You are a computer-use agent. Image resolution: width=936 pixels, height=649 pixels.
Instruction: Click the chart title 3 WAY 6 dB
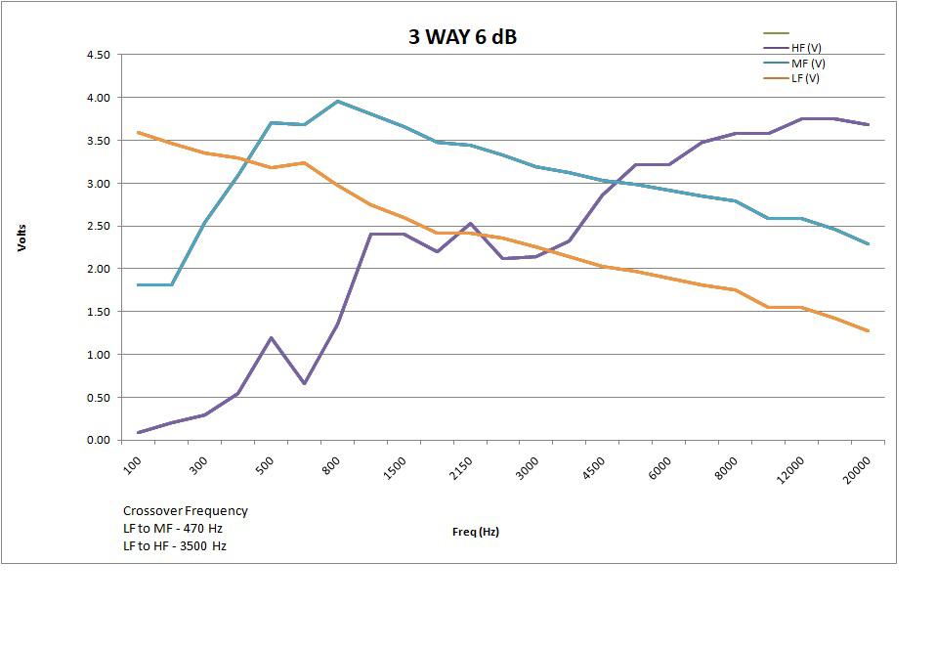462,37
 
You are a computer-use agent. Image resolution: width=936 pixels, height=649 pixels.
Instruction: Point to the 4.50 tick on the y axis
98,55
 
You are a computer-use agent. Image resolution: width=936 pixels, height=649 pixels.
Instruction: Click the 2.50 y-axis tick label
98,226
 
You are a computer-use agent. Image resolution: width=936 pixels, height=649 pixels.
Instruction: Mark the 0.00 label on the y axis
98,440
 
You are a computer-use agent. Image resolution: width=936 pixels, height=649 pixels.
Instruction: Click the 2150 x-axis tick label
460,464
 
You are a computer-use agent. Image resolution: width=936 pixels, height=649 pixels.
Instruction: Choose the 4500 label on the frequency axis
593,464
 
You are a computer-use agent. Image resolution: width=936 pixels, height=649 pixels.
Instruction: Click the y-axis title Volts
21,238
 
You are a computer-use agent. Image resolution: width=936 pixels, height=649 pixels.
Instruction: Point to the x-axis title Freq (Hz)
476,532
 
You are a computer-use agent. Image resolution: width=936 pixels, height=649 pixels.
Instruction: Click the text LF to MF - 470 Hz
173,528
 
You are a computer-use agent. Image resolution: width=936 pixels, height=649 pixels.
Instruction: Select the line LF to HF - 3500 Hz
175,545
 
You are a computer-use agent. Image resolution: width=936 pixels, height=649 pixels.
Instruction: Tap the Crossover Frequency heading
186,510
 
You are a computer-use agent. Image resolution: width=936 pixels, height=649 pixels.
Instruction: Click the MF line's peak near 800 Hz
337,101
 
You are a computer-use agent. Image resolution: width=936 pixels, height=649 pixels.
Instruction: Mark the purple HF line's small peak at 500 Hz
271,338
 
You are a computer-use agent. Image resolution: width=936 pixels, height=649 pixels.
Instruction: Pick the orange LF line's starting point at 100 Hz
139,132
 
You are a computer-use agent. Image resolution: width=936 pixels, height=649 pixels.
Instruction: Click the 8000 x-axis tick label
726,464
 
